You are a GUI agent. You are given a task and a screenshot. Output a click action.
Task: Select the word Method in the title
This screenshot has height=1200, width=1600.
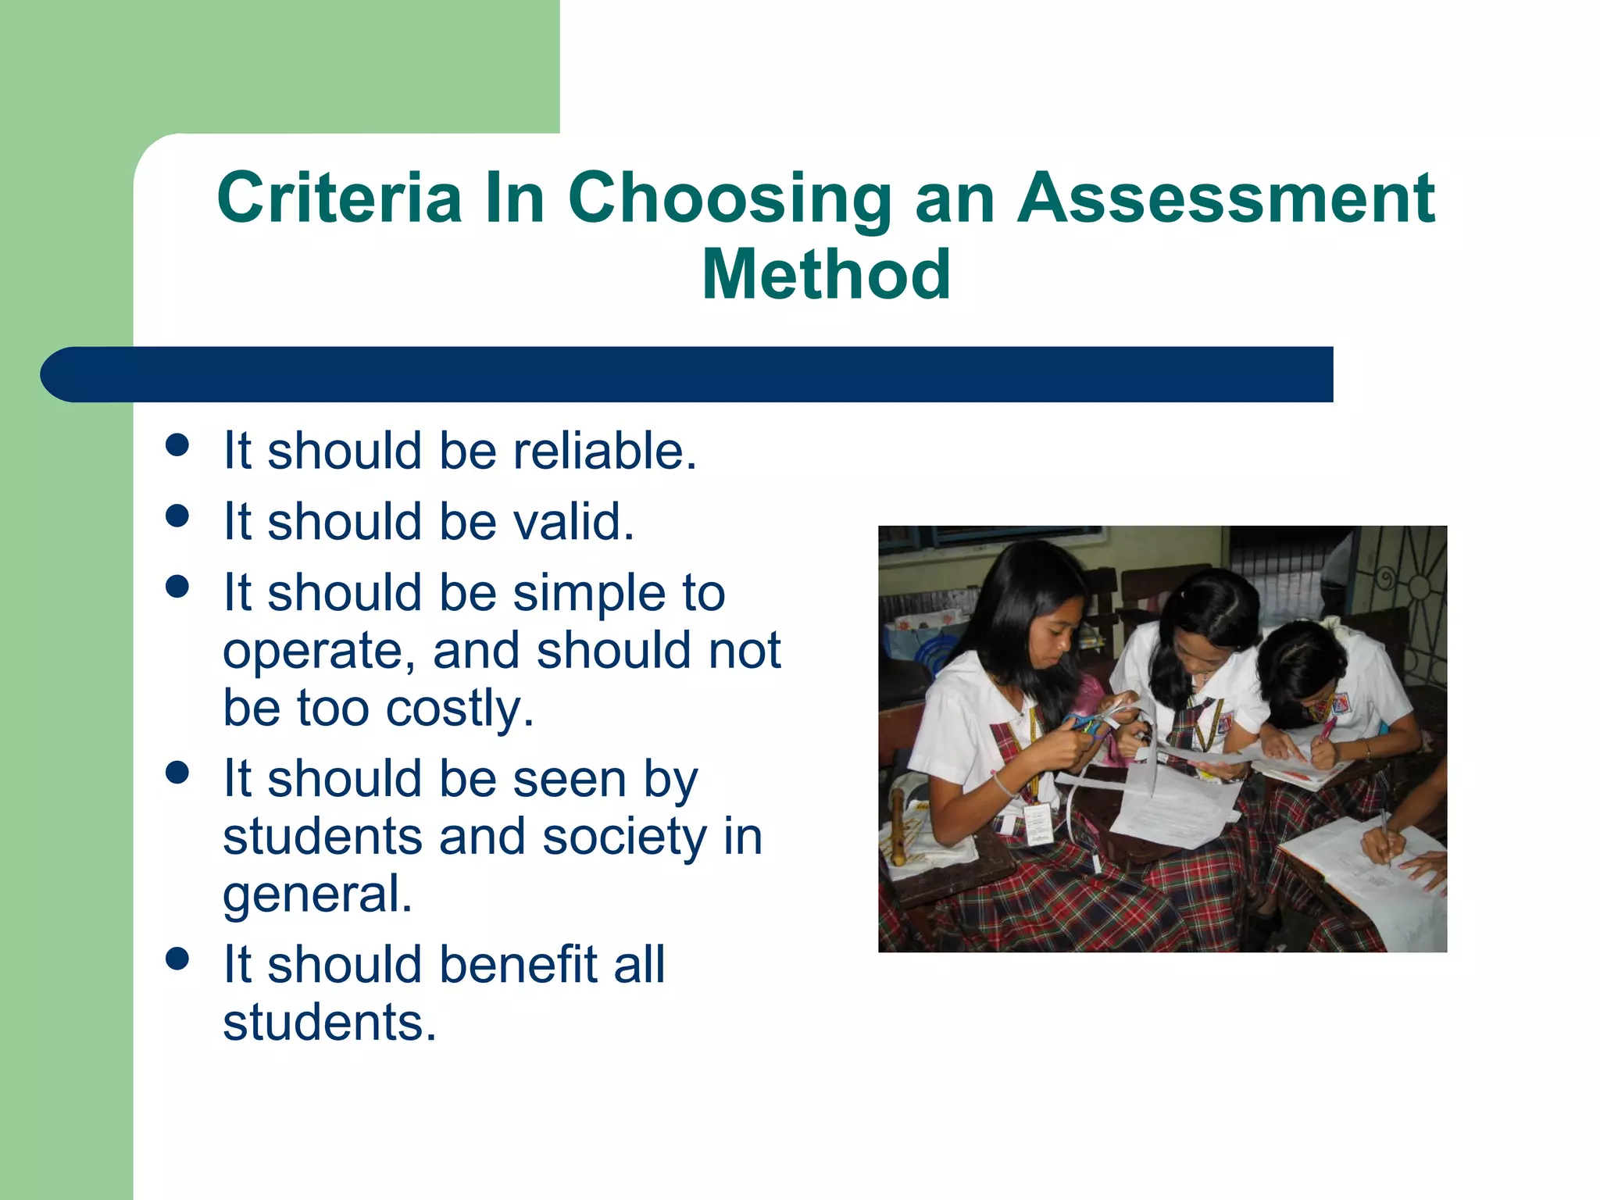coord(826,274)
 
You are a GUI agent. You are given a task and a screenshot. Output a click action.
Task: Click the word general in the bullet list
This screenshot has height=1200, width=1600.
coord(317,895)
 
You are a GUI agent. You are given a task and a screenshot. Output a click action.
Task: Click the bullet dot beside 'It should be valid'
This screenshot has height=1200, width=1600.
coord(178,516)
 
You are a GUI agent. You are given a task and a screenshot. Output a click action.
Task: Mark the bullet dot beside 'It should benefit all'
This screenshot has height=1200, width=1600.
coord(178,959)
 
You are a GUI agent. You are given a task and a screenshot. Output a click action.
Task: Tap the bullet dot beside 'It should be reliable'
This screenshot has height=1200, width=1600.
coord(178,445)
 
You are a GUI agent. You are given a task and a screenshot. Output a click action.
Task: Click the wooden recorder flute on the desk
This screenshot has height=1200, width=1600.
coord(898,828)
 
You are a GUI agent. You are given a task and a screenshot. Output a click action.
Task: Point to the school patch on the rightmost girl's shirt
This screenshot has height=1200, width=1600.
coord(1341,705)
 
